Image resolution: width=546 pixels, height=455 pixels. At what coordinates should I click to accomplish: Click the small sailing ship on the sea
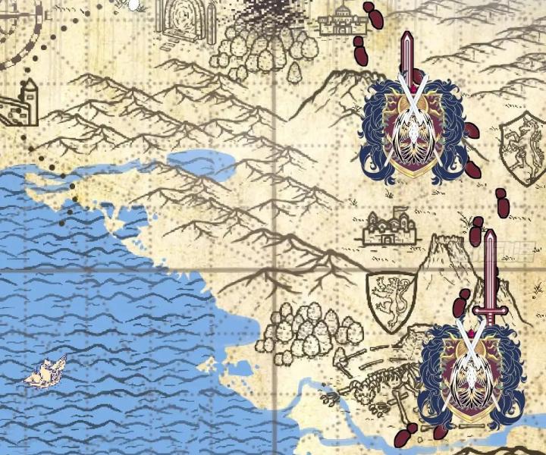click(x=47, y=372)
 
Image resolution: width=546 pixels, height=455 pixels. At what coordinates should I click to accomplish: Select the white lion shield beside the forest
click(x=391, y=299)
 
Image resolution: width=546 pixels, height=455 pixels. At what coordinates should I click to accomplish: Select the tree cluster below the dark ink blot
click(x=265, y=50)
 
